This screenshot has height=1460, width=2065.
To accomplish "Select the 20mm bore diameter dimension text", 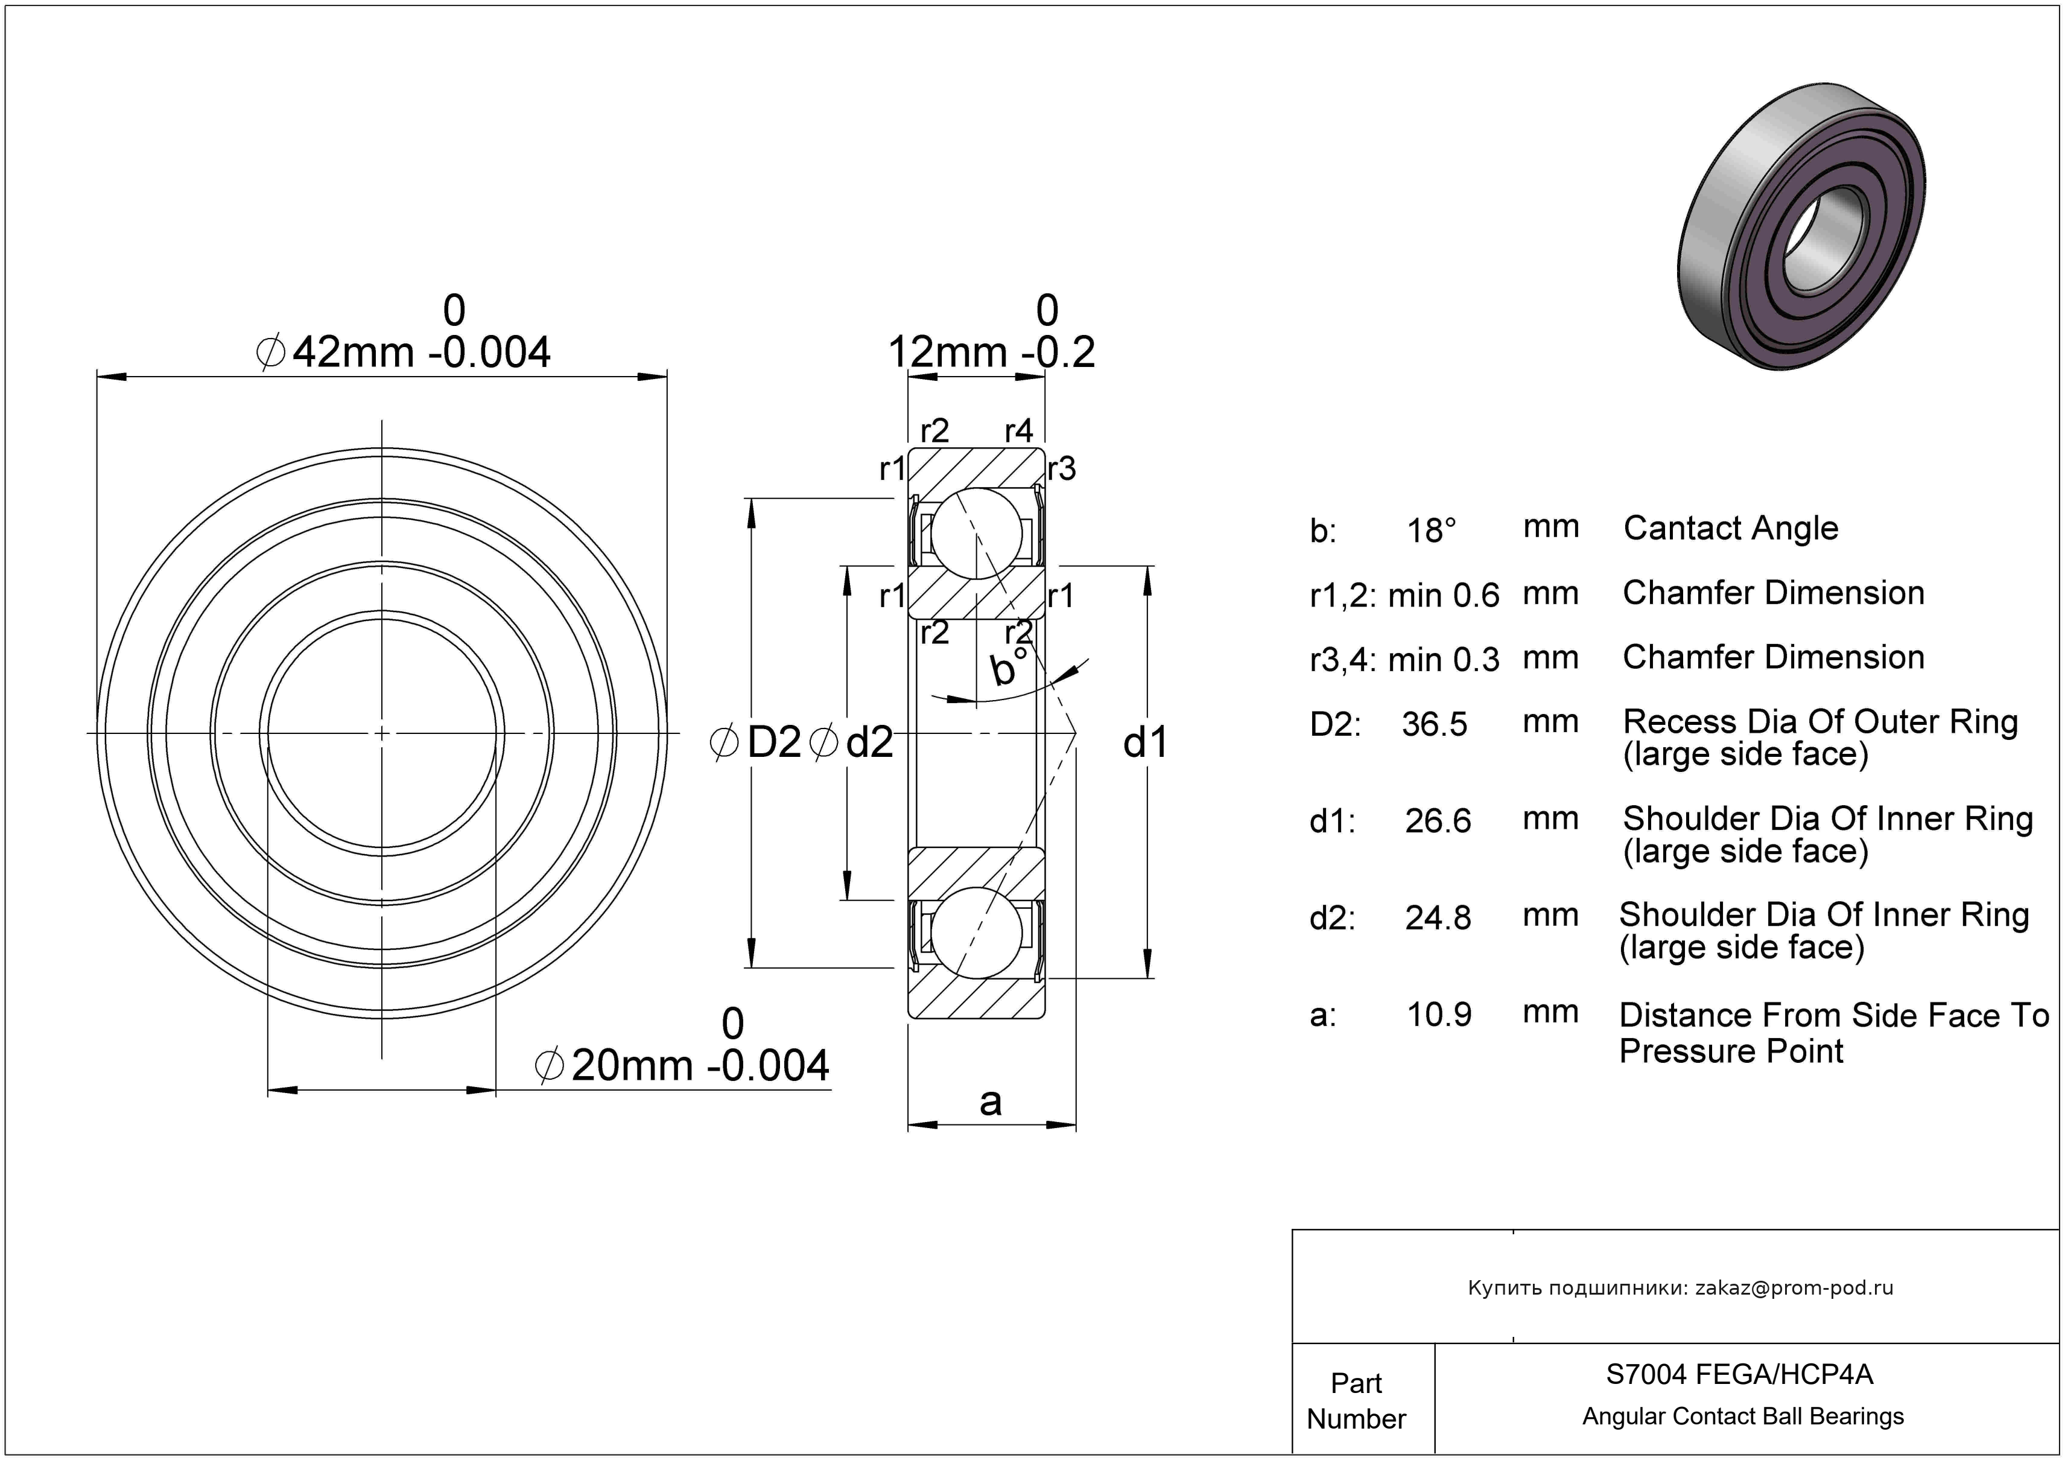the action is (682, 1046).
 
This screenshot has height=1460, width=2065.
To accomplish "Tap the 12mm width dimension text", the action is (991, 332).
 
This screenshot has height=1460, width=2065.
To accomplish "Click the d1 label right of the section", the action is (1145, 742).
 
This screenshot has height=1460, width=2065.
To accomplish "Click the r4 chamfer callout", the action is (1019, 431).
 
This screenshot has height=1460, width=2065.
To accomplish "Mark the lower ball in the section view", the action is (977, 933).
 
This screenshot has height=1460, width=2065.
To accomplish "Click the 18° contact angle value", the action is (1430, 530).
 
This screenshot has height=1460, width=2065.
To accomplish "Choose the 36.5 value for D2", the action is (1435, 723).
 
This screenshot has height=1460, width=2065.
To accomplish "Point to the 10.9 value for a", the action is (1439, 1015).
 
